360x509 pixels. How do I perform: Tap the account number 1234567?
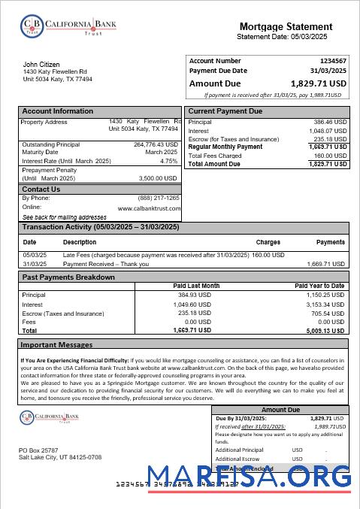click(333, 60)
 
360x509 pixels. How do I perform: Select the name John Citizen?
click(41, 65)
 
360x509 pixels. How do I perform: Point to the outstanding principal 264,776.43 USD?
click(156, 144)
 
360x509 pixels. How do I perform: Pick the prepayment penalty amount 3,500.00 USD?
click(158, 178)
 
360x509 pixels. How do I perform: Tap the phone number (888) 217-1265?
click(159, 198)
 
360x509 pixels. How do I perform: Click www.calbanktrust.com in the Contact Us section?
click(149, 208)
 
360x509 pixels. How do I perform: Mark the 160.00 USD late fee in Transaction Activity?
click(273, 256)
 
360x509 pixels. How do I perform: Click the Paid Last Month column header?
click(196, 286)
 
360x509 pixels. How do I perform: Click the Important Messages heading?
click(56, 344)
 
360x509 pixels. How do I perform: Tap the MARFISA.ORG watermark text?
click(249, 477)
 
